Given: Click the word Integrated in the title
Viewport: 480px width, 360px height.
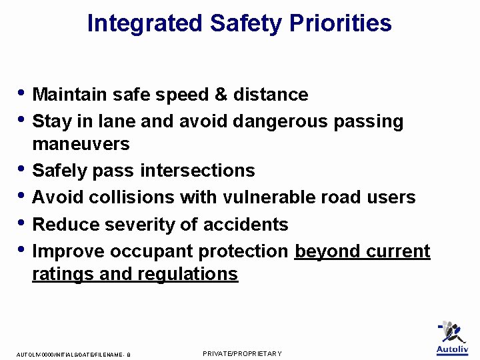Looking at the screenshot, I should pyautogui.click(x=145, y=23).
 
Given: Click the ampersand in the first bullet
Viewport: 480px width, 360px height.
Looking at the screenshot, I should pyautogui.click(x=221, y=95).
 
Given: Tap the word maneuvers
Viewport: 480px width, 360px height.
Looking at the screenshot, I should pyautogui.click(x=81, y=144).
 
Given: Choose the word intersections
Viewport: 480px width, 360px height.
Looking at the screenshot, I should pyautogui.click(x=197, y=171).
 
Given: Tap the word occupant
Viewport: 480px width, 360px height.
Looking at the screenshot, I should pyautogui.click(x=151, y=251).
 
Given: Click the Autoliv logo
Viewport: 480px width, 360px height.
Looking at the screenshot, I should pyautogui.click(x=451, y=339).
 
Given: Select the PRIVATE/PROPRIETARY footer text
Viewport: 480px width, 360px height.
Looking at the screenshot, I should pyautogui.click(x=242, y=353).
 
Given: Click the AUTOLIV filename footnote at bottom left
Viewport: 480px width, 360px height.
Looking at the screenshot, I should pyautogui.click(x=73, y=355).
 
